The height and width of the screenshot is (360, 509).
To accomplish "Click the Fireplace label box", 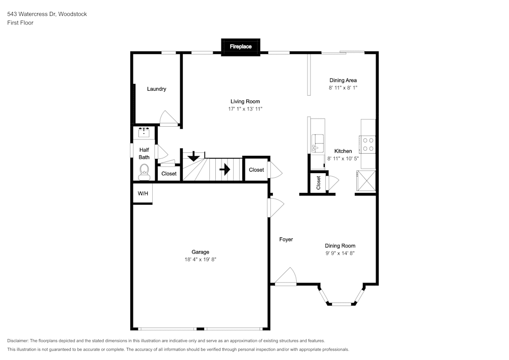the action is pos(241,47).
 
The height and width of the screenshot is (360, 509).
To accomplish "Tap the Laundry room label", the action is pos(156,89).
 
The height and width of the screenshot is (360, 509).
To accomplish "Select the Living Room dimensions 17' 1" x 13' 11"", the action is pos(245,109).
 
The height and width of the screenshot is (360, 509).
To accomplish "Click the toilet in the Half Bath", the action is pos(144,172).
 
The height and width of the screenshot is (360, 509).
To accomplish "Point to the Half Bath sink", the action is pos(144,132).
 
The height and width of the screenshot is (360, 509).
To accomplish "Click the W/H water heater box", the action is pos(143,193).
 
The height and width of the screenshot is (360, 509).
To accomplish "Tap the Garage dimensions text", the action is pos(200,259).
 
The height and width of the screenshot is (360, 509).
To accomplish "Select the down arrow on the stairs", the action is pos(194,156).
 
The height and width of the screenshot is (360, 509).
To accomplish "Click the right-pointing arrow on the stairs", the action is pos(225,170).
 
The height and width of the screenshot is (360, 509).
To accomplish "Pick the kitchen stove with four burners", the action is pos(368,145).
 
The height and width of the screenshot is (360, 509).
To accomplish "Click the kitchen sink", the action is pos(318,143).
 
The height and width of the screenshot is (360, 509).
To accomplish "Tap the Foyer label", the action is pos(286,239).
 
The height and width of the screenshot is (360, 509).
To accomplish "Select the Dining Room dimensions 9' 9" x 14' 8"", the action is pos(340,253).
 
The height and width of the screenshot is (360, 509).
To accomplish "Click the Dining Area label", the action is pos(343,80).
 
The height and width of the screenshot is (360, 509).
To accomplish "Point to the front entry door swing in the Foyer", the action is pos(286,276).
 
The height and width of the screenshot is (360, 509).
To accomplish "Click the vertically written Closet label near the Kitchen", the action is pos(318,183).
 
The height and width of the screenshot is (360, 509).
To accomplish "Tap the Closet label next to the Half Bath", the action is pos(169,174).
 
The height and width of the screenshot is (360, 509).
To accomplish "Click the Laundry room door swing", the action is pos(168,118).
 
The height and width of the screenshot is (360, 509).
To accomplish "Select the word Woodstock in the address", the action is pos(72,14).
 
